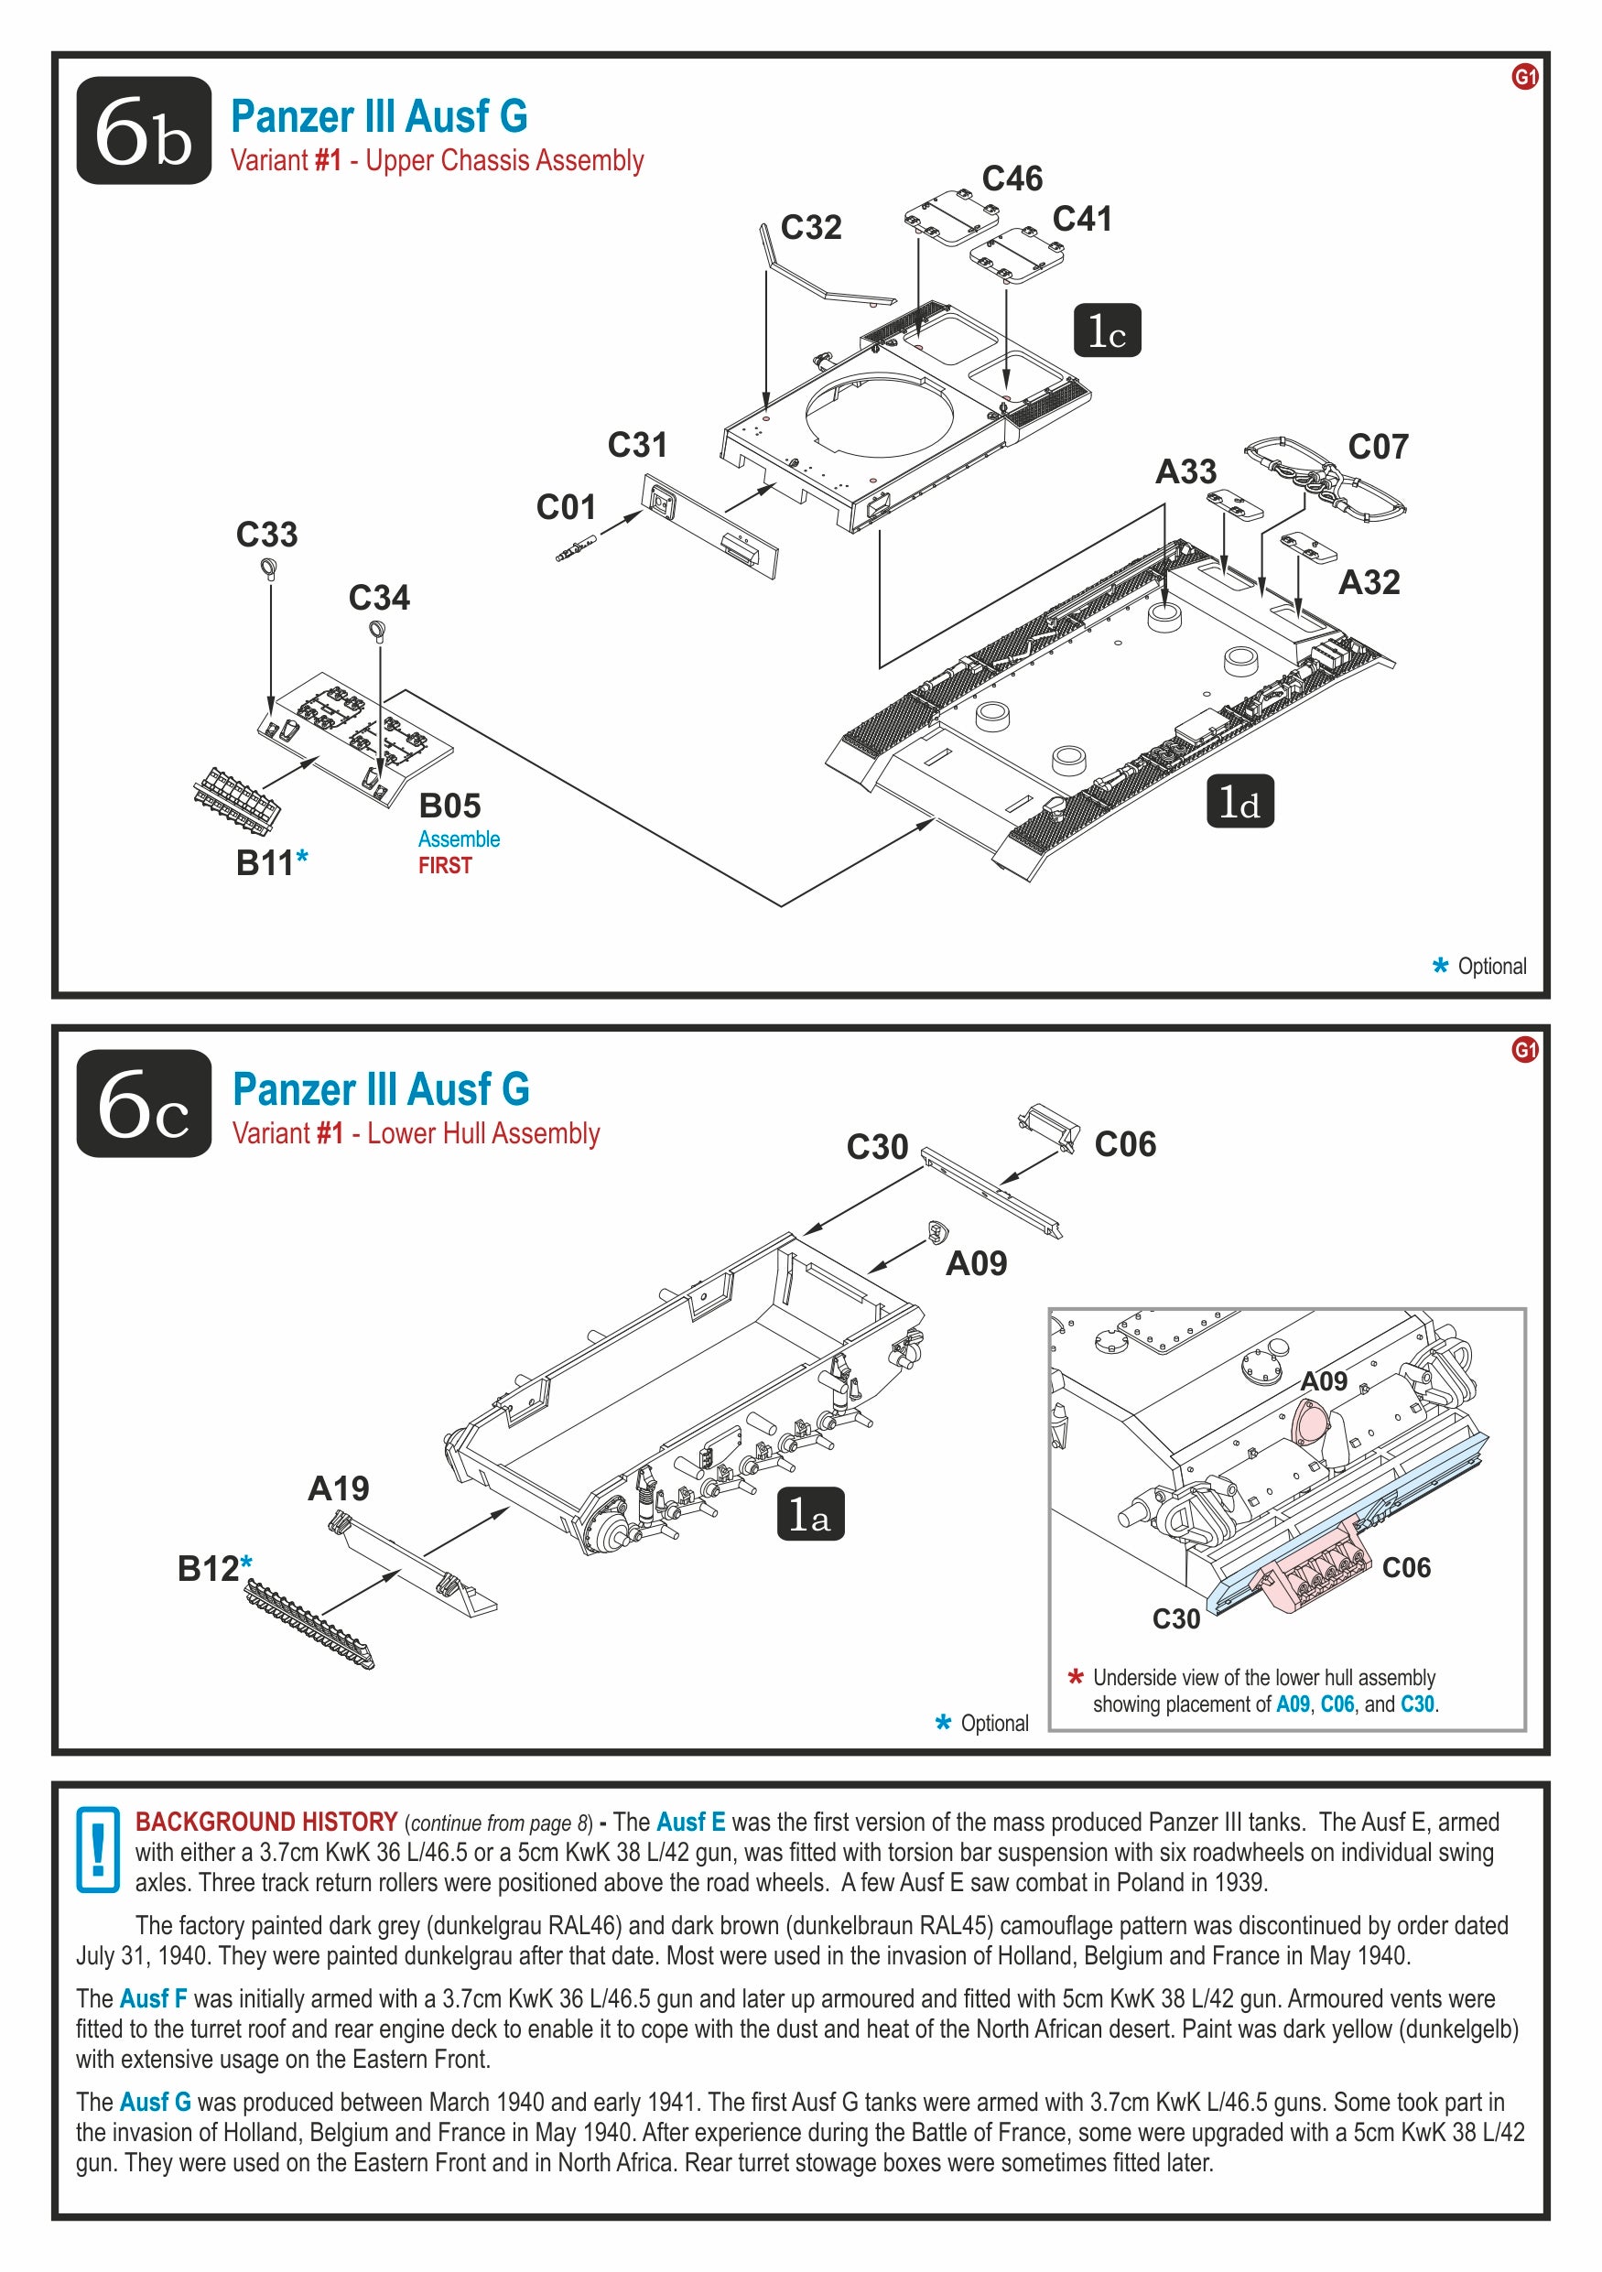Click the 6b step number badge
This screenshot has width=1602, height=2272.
(144, 131)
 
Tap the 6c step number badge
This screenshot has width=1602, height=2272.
(144, 1103)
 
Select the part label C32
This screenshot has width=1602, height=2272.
(810, 228)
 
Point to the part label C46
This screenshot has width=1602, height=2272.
(1012, 179)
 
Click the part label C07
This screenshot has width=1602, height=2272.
(1378, 448)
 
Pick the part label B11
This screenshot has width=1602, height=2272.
(265, 863)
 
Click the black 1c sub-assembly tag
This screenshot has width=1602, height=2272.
(1108, 330)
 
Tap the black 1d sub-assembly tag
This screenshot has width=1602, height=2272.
(1239, 802)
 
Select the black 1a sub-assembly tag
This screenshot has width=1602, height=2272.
(809, 1514)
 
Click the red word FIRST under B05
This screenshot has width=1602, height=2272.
(445, 866)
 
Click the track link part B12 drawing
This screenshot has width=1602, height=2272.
(308, 1623)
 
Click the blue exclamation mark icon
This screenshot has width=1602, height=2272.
(98, 1848)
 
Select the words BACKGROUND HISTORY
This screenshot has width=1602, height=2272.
(266, 1822)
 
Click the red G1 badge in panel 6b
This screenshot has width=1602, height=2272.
(1524, 77)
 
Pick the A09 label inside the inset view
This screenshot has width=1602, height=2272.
(1323, 1381)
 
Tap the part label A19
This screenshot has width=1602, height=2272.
(339, 1488)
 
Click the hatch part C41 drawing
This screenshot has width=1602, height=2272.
(1017, 256)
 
